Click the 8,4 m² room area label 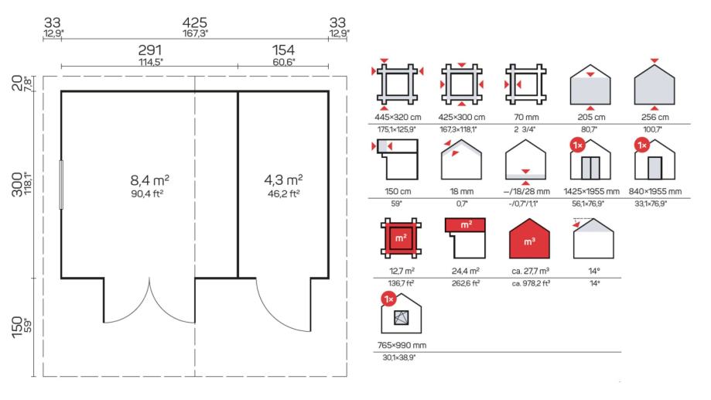(149, 180)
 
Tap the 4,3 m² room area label (283, 180)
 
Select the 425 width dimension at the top (195, 22)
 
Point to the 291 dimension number (150, 50)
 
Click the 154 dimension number (283, 50)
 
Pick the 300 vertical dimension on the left (17, 184)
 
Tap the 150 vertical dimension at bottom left (17, 327)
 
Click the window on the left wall (61, 185)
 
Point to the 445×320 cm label (398, 117)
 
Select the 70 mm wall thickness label (526, 117)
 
